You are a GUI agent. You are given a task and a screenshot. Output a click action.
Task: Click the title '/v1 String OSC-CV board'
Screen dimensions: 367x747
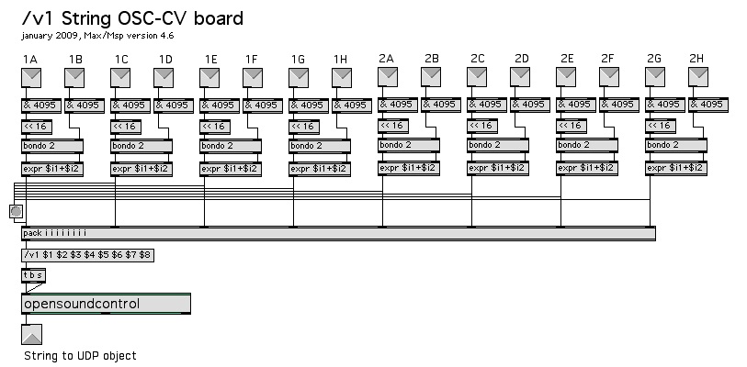132,17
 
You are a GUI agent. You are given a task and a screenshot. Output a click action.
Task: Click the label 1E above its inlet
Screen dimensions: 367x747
210,60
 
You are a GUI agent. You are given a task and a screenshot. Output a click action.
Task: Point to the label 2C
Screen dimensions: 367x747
477,59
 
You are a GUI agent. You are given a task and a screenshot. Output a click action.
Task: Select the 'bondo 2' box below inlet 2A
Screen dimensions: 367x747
409,144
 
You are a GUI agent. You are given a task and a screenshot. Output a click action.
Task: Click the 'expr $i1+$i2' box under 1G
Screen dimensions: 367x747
319,169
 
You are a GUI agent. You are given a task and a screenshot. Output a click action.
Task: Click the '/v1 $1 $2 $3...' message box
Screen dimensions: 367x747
87,254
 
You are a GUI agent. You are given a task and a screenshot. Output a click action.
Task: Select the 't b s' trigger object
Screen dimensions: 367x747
32,274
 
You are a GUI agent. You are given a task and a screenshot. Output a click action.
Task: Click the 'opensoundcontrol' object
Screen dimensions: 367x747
104,304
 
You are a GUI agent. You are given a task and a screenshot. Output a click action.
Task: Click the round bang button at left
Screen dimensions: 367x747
16,212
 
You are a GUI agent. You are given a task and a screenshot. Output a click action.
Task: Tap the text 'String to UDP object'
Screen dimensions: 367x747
80,355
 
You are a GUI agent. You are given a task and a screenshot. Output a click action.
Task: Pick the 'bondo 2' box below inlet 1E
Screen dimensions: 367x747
230,145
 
